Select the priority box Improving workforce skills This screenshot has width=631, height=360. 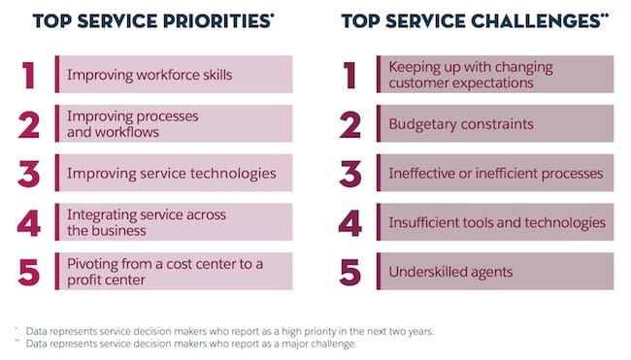tap(174, 74)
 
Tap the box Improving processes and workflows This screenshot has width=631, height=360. tap(174, 123)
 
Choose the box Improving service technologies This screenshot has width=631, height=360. tap(174, 173)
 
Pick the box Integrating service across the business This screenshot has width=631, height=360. tap(174, 222)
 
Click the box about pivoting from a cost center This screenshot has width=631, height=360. tap(174, 272)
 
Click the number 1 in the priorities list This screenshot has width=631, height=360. tap(29, 75)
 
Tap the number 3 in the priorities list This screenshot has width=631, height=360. tap(29, 174)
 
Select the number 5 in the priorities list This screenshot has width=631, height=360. tap(29, 273)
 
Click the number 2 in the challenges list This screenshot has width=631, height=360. tap(350, 124)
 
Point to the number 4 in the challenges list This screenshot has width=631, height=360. tap(350, 223)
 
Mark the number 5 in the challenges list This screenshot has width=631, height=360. tap(350, 273)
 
